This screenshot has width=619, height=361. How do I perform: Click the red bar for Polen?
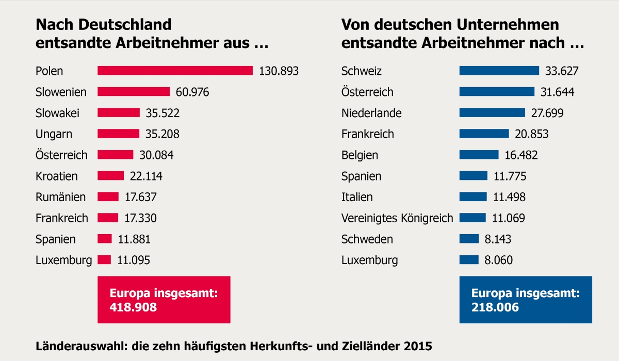[175, 71]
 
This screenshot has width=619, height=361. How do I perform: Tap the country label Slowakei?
[58, 113]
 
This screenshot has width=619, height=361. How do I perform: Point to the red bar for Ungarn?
[118, 134]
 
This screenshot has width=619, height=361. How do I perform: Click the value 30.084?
[156, 155]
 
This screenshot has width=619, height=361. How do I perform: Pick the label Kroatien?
[57, 176]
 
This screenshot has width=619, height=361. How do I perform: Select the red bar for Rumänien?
[108, 197]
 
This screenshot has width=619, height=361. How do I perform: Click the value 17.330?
[140, 218]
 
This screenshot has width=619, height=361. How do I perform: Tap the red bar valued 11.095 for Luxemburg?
[104, 260]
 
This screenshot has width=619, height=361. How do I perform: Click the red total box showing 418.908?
[164, 300]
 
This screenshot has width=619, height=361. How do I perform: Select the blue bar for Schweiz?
[499, 71]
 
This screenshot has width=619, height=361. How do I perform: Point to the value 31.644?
[557, 92]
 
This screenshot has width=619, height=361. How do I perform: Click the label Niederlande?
[371, 113]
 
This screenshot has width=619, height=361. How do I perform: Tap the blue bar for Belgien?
[479, 155]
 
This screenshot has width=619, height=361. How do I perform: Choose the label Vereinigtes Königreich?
[397, 218]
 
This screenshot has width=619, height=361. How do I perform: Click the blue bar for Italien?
[473, 197]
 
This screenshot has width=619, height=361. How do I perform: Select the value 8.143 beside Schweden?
[498, 239]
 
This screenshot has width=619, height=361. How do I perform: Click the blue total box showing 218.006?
[526, 300]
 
